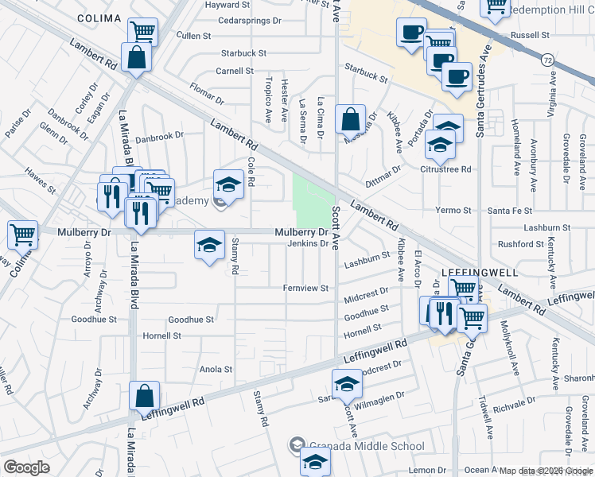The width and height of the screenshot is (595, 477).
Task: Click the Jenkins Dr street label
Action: (x=308, y=243)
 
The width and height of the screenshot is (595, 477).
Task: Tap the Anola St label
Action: (x=216, y=369)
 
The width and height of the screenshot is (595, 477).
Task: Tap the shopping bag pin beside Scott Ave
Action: (x=350, y=120)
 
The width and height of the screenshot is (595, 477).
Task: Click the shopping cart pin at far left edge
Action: (x=22, y=235)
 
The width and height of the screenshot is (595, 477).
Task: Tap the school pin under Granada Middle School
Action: (x=315, y=460)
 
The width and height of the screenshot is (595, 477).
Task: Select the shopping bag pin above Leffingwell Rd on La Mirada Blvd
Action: (x=144, y=396)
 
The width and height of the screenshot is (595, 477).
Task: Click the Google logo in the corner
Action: (x=26, y=467)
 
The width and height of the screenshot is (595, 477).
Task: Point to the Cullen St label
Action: (x=193, y=36)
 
